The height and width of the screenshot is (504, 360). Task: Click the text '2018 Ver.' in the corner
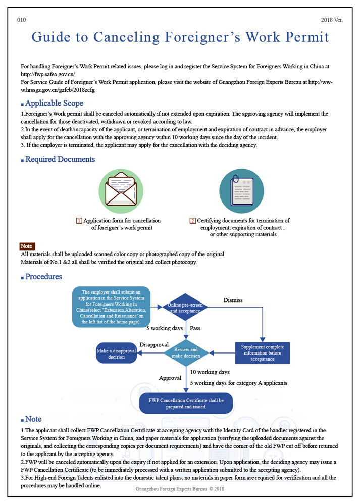pos(332,20)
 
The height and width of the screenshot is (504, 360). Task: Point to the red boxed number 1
pos(79,221)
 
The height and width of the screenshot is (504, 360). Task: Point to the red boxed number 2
pos(192,221)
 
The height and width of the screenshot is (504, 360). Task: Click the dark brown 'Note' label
pos(27,246)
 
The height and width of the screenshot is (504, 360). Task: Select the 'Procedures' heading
pos(43,277)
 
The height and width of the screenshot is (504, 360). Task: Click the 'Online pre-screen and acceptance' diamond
pos(185,308)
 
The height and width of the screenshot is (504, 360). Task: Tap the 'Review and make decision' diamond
pos(185,353)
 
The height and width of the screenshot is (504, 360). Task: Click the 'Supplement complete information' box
pos(262,353)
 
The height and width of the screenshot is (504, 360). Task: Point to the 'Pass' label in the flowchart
pos(195,328)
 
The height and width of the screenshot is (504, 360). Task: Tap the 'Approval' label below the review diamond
pos(170,378)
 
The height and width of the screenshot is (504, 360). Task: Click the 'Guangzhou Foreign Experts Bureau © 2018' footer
pos(180,489)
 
